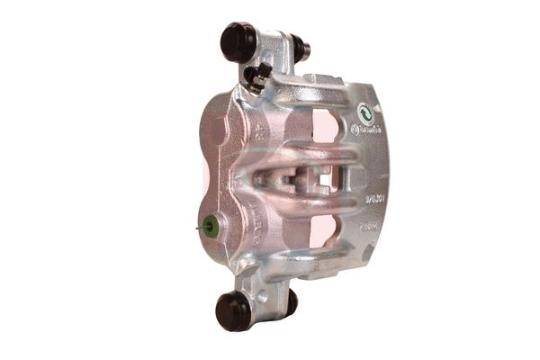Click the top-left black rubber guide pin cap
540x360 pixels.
[x=238, y=41]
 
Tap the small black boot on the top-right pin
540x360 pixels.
[x=298, y=46]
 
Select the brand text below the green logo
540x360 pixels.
[x=365, y=130]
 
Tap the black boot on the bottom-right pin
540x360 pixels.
[x=290, y=301]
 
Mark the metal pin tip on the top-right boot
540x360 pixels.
[x=308, y=49]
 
